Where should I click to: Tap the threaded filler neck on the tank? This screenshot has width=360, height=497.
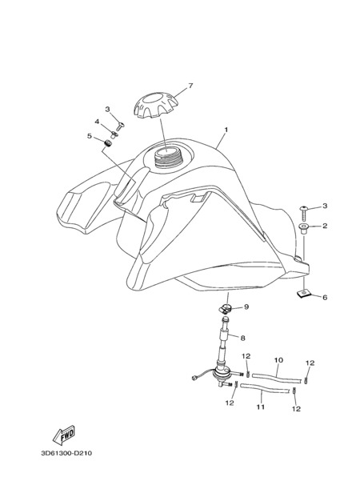click(x=166, y=157)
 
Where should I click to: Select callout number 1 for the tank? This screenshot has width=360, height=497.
click(x=226, y=130)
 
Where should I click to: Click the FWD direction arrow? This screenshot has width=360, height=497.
click(x=64, y=435)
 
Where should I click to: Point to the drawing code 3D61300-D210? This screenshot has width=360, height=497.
click(x=66, y=453)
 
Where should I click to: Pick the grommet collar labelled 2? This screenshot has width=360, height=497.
click(x=304, y=227)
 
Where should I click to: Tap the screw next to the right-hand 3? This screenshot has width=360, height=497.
click(x=304, y=214)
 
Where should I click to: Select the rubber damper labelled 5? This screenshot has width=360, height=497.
click(x=108, y=143)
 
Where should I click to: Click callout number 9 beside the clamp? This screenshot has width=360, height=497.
click(x=246, y=307)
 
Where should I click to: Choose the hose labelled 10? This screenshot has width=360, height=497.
click(x=277, y=376)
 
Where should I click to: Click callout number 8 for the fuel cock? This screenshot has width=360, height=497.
click(x=242, y=339)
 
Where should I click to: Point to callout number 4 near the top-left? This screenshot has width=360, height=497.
click(x=97, y=122)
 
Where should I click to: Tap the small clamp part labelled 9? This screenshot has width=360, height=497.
click(x=227, y=307)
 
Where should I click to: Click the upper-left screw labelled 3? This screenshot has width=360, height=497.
click(x=120, y=126)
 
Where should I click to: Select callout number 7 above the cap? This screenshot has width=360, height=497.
click(x=190, y=86)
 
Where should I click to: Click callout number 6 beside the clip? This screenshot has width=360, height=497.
click(x=325, y=297)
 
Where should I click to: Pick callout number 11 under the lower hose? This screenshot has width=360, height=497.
click(x=261, y=407)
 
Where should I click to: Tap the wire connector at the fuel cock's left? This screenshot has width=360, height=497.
click(x=194, y=378)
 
